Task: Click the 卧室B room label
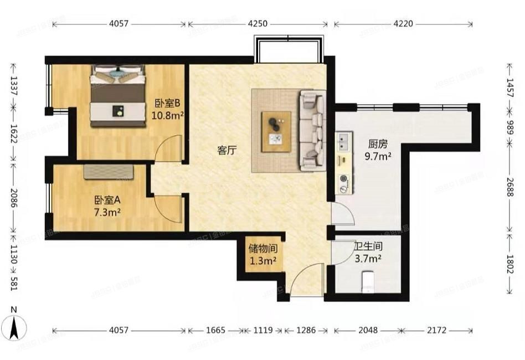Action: (x=168, y=103)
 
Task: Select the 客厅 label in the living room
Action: (x=227, y=150)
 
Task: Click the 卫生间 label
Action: (x=367, y=246)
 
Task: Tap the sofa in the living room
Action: (x=311, y=131)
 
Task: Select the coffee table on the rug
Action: (x=276, y=131)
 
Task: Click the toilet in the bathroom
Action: (x=368, y=281)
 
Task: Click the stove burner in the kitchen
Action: (x=344, y=179)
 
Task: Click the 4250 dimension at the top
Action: (x=258, y=24)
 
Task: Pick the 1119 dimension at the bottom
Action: (x=263, y=330)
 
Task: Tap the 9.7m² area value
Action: (x=379, y=157)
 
